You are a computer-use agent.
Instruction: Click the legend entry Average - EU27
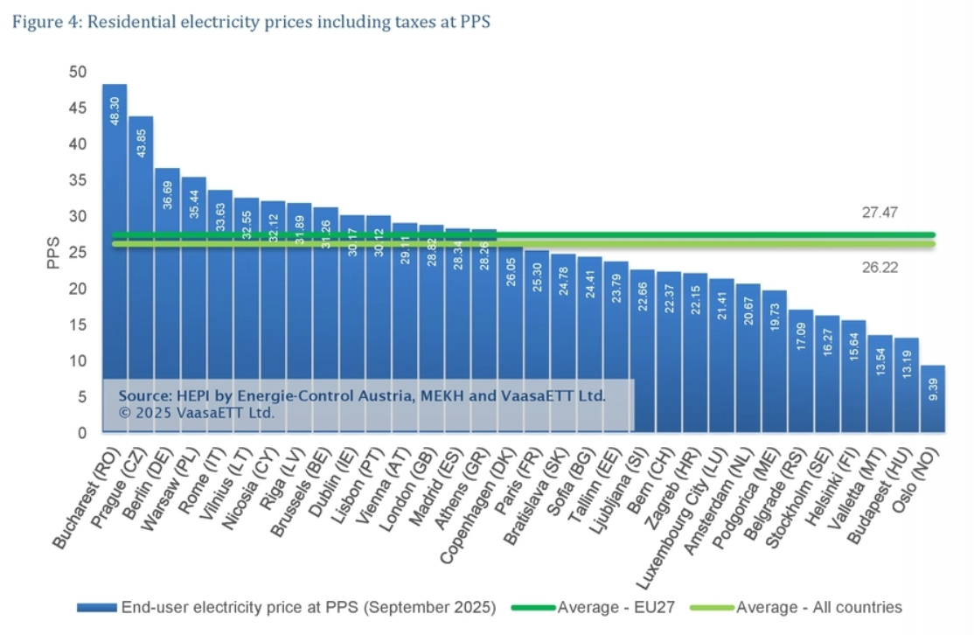click(x=616, y=607)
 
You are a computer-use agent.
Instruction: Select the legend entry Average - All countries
click(x=818, y=607)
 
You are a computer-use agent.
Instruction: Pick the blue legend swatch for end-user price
click(x=97, y=607)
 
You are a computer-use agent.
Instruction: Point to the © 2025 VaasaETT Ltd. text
click(x=197, y=412)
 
